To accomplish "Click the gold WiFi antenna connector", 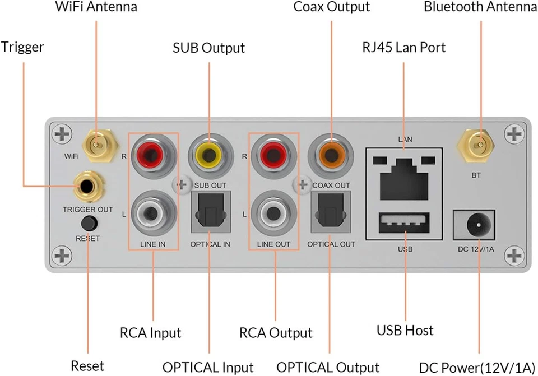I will click(96, 146).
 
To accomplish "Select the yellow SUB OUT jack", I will click(210, 152).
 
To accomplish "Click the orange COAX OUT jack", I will click(330, 152).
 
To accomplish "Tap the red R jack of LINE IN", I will click(154, 152).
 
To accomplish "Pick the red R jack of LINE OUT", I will click(275, 152).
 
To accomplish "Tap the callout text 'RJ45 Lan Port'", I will click(403, 48).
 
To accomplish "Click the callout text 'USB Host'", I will click(404, 330).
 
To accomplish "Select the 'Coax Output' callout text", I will click(332, 7).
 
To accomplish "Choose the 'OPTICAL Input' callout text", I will click(208, 367).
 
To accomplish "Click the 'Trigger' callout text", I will click(22, 47).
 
